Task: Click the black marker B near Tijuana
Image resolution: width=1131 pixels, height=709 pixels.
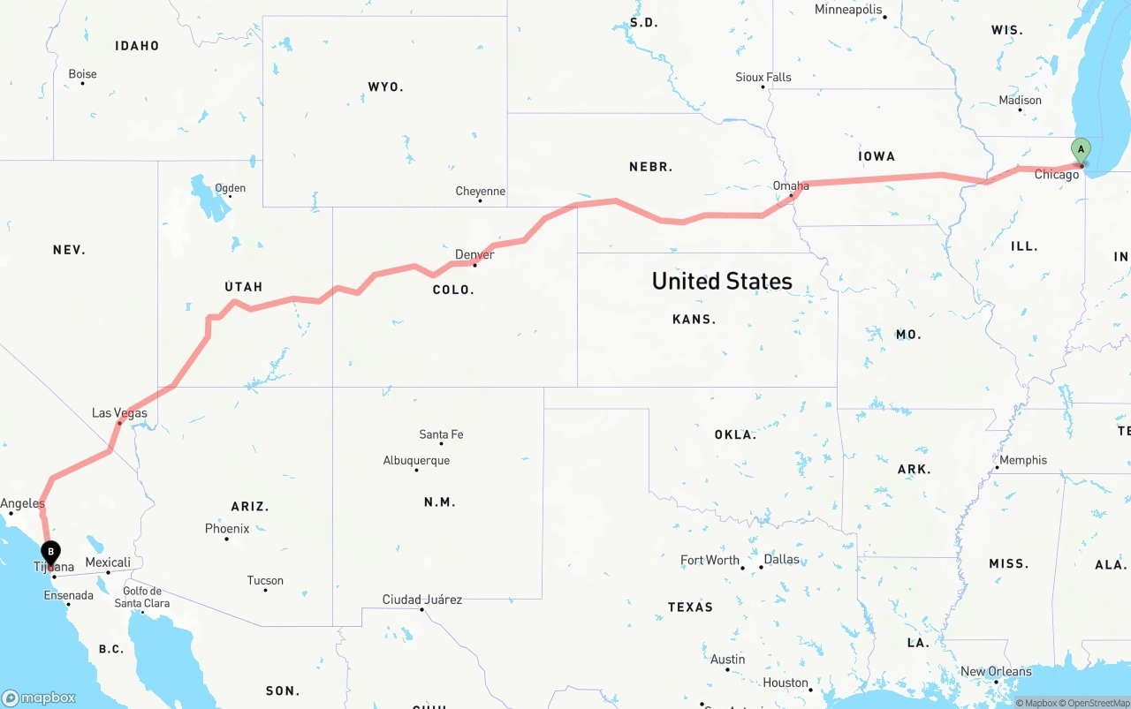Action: click(x=51, y=553)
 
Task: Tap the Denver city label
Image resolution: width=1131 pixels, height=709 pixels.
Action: click(x=474, y=255)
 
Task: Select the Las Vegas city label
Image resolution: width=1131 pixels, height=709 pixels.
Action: click(x=119, y=413)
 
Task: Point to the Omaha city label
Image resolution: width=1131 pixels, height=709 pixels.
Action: click(x=791, y=186)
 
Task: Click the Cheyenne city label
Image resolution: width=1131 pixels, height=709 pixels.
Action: click(x=480, y=192)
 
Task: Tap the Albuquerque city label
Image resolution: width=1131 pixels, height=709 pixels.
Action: click(x=416, y=461)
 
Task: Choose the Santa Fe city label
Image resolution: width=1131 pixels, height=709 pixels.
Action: click(x=441, y=434)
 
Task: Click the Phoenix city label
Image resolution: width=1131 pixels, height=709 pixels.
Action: click(x=227, y=529)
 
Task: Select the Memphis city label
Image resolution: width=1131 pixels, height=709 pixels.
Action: click(x=1023, y=460)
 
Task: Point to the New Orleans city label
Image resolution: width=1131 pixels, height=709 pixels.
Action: click(x=996, y=672)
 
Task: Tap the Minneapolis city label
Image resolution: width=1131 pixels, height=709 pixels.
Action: click(x=848, y=10)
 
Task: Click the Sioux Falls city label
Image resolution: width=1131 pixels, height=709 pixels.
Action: click(x=763, y=78)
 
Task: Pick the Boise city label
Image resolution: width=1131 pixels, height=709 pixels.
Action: click(x=82, y=74)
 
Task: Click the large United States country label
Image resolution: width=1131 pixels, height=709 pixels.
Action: click(x=722, y=281)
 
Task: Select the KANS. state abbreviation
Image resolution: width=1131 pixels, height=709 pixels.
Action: click(x=694, y=320)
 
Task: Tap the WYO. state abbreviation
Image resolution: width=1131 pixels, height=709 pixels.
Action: click(x=385, y=87)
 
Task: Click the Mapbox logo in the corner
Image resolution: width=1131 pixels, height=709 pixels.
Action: click(x=39, y=698)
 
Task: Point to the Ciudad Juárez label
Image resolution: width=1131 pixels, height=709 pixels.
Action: click(x=421, y=600)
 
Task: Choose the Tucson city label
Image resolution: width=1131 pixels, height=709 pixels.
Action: click(x=265, y=581)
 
